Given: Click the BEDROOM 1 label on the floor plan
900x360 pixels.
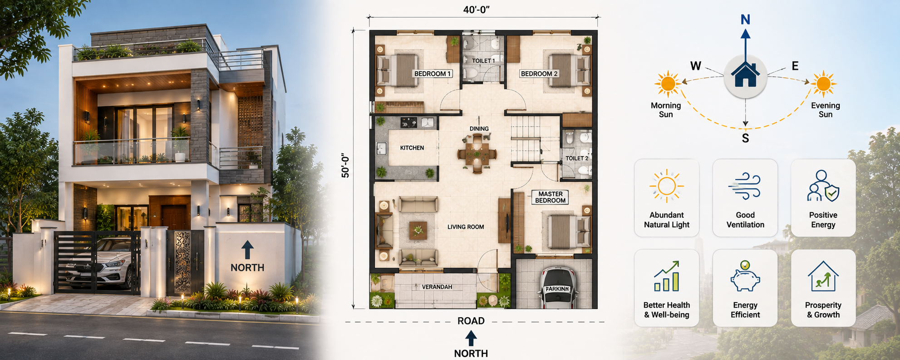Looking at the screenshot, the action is tap(432, 74).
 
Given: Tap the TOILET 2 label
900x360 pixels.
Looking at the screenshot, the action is tap(576, 158).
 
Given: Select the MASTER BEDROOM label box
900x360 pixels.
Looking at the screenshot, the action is tap(550, 197).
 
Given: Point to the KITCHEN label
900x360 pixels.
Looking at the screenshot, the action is tap(412, 148).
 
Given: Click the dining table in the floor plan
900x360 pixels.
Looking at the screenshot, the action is tap(477, 153).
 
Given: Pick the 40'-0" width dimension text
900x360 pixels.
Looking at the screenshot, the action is tap(476, 10).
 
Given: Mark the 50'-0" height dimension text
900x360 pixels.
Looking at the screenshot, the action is tap(345, 165).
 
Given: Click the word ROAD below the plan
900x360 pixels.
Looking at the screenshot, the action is tap(471, 321).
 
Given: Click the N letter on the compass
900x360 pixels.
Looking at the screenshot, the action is tap(745, 20).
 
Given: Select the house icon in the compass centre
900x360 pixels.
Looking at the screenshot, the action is tap(745, 75).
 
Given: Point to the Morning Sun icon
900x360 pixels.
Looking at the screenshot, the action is tap(668, 84).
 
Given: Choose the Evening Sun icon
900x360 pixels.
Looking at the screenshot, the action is tap(823, 84).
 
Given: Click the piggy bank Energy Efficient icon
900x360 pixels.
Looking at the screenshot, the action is tap(745, 276).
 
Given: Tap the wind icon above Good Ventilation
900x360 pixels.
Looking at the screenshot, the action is tap(745, 186).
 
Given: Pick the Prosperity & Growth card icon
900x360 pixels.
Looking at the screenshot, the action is tap(823, 276).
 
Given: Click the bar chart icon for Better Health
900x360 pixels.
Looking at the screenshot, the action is tap(666, 276).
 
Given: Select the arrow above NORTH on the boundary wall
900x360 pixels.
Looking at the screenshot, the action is tap(247, 250).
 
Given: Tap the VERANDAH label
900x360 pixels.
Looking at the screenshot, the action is tap(437, 287).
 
